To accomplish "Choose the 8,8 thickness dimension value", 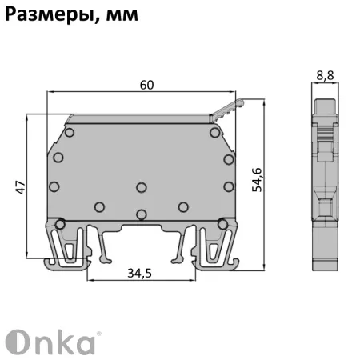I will (x=325, y=76).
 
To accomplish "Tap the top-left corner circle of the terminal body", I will (x=70, y=131).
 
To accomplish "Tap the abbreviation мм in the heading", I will (x=120, y=14).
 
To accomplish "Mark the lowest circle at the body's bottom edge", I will (x=141, y=214).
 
